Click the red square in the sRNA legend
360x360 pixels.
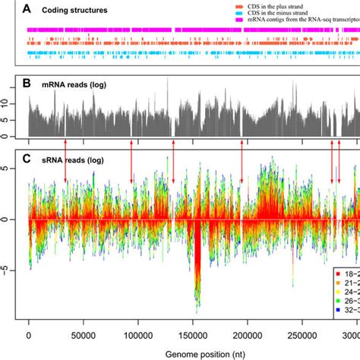338,270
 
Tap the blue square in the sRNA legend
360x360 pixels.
338,308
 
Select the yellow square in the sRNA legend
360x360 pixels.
338,289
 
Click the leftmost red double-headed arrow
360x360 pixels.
65,161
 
